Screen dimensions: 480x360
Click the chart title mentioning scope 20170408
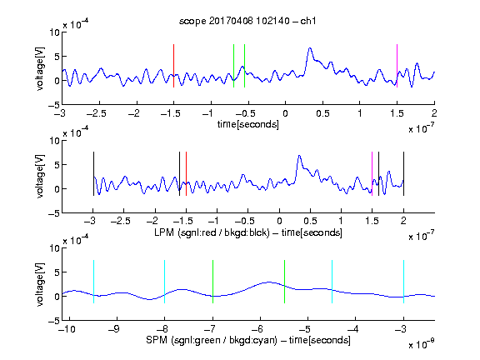(247, 21)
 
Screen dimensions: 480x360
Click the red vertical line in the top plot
(173, 66)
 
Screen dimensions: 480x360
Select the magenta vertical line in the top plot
(397, 66)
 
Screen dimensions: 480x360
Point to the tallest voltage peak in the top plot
(310, 48)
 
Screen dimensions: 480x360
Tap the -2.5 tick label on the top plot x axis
(96, 113)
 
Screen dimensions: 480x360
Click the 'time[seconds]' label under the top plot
(248, 124)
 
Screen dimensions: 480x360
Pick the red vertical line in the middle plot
(186, 173)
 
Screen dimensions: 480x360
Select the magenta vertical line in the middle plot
(372, 173)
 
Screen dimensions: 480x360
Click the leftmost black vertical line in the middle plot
(93, 173)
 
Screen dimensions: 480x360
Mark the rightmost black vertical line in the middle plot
(403, 173)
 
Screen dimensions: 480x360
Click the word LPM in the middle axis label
(164, 232)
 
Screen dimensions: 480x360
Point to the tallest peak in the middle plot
(299, 156)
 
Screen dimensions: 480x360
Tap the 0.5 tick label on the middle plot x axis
(310, 221)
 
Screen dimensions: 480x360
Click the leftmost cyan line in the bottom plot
(93, 282)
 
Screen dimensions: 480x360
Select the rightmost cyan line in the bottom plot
(403, 282)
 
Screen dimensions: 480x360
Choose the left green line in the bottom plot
(212, 282)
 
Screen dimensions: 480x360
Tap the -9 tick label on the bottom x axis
(114, 329)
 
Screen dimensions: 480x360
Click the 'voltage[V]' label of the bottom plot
(40, 284)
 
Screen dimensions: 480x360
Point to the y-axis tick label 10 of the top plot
(54, 32)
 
